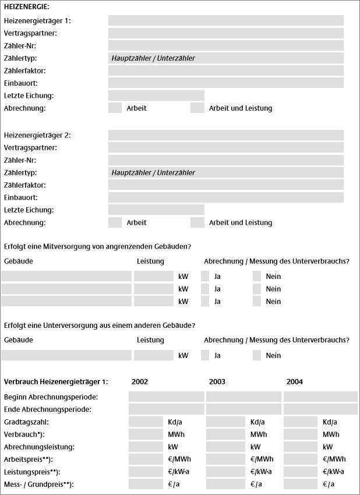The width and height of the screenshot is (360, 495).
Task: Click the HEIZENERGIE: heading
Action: coord(26,7)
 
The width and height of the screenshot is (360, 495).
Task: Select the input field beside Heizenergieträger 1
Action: coord(226,20)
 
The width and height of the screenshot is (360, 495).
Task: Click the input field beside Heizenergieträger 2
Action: coord(226,135)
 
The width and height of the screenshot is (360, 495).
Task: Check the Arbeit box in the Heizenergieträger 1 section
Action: coord(115,108)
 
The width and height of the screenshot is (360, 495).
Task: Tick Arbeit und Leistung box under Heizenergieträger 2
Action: coord(197,222)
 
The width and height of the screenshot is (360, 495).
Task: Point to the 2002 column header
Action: coord(140,382)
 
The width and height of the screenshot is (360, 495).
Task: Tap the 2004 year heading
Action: coord(294,382)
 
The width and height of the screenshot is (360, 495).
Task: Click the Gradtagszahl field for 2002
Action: coord(146,422)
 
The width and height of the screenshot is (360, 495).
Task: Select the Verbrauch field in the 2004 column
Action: coord(301,434)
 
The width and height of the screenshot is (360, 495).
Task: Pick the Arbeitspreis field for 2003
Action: coord(225,459)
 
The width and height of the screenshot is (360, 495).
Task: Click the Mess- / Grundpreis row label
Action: coord(39,485)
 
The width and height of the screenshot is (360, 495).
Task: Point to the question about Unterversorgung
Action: coord(100,326)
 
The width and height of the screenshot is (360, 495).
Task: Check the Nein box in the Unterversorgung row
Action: coord(257,355)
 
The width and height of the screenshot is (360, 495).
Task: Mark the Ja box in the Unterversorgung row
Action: coord(205,355)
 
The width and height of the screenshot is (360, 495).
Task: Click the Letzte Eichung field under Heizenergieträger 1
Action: coord(156,96)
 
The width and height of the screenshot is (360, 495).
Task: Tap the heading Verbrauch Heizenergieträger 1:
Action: coord(56,382)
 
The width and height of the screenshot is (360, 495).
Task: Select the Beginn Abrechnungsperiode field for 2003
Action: coord(243,397)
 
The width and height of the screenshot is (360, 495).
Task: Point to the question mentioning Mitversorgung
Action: coord(98,246)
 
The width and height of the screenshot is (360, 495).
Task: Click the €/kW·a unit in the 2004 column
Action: coord(334,472)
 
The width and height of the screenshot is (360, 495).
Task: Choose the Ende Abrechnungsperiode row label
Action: coord(48,409)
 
